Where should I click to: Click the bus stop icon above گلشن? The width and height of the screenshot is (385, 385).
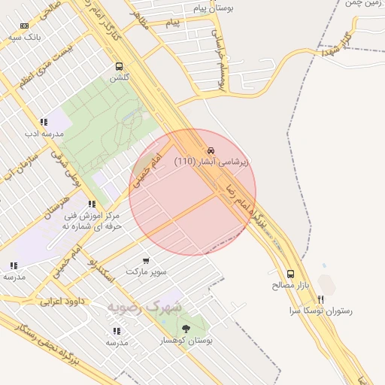tap(120, 66)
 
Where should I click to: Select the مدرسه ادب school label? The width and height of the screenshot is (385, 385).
tap(41, 133)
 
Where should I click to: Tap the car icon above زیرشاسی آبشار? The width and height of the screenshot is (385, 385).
tap(211, 150)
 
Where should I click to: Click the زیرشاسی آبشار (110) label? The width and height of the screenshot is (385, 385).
tap(211, 161)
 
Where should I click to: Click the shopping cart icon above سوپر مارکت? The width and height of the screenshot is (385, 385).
tap(146, 259)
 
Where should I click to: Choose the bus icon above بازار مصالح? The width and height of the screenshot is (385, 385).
tap(290, 274)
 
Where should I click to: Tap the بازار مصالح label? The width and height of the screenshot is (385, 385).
tap(290, 286)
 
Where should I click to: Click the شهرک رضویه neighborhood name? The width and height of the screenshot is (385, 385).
tap(144, 307)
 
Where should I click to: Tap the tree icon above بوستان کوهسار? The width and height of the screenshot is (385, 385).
tap(185, 329)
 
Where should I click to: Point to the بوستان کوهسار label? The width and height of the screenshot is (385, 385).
tap(186, 341)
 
